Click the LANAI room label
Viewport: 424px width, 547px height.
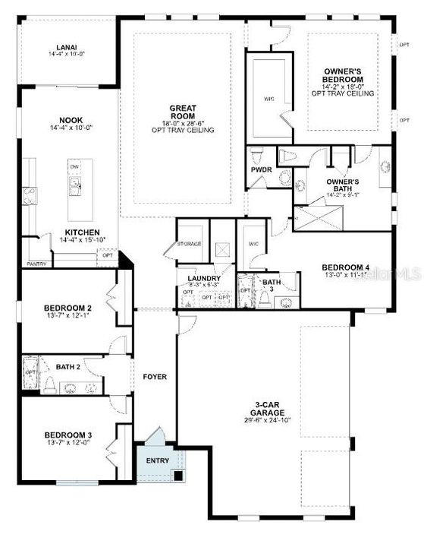click(66, 45)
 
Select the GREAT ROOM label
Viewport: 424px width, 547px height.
click(182, 112)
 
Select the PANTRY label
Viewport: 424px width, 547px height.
click(36, 264)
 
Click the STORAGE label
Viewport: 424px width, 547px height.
click(189, 245)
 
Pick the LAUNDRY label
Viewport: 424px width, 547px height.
click(204, 279)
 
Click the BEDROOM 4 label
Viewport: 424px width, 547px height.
click(346, 267)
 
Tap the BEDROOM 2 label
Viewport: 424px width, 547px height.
click(68, 308)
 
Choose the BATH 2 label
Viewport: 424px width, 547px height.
click(68, 367)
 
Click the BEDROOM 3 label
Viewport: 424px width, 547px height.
click(68, 435)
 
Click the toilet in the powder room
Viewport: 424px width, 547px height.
click(258, 153)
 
